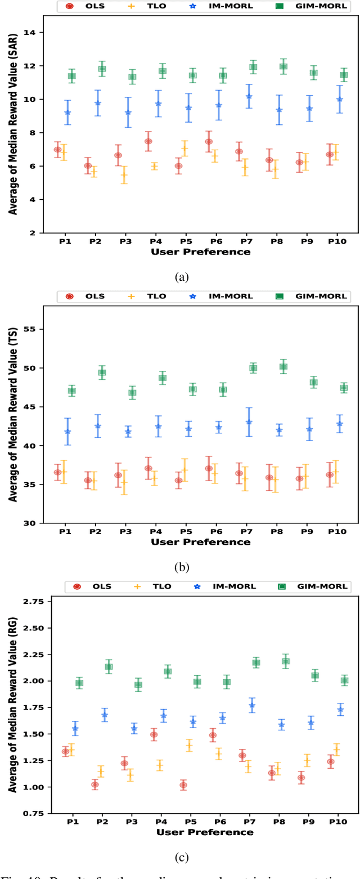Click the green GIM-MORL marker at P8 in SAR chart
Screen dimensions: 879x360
coord(283,66)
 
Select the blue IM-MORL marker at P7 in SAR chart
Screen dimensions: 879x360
coord(249,96)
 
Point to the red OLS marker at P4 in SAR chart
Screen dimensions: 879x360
coord(148,141)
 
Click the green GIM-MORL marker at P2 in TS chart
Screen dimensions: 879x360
coord(102,372)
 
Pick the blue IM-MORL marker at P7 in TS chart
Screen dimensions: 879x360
coord(249,421)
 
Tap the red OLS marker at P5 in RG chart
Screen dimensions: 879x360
coord(183,785)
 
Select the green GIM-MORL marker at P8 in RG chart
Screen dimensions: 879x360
coord(285,661)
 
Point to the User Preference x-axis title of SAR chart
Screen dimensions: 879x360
coord(201,252)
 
